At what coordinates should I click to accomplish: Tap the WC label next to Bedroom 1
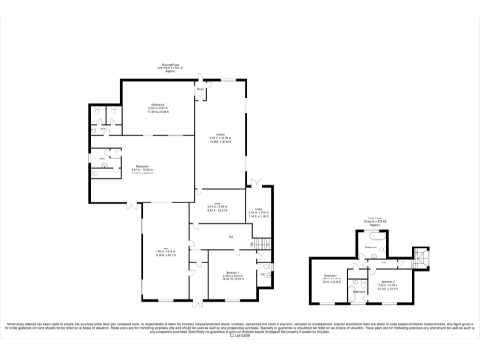(x=263, y=274)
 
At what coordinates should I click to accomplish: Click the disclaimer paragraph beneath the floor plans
(x=240, y=328)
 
